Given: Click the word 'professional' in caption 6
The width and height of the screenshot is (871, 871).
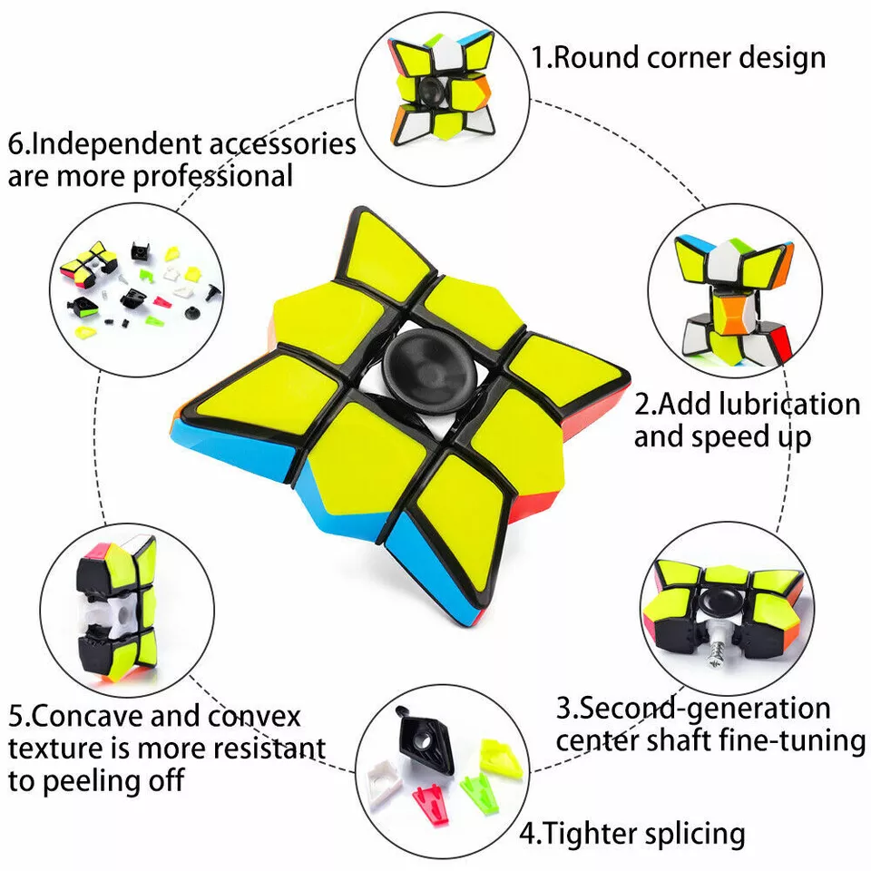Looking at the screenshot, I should (214, 175).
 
